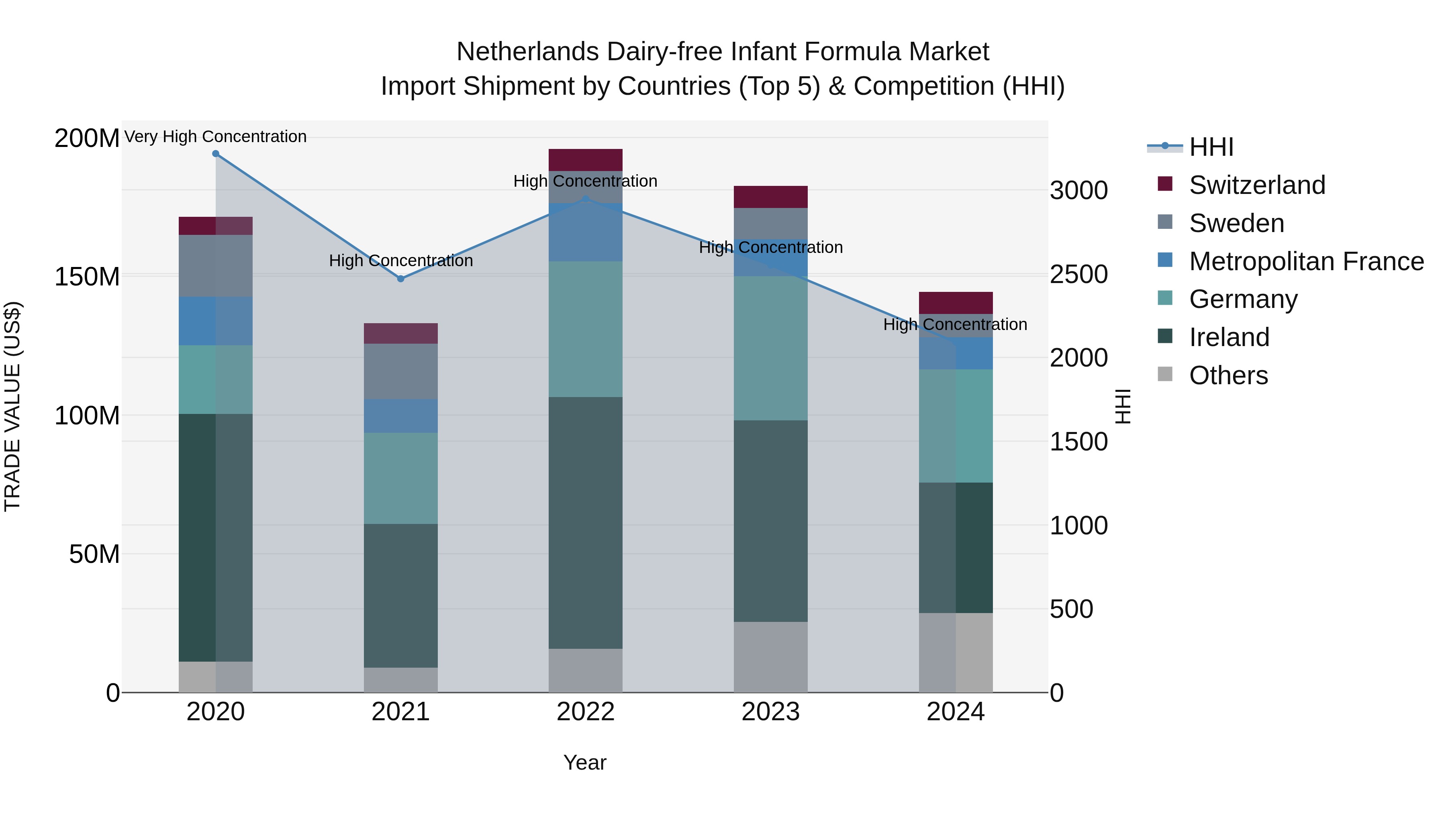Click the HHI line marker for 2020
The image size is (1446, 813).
click(x=216, y=154)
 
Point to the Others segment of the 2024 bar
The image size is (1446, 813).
click(x=956, y=652)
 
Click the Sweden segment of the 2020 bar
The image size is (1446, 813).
click(x=216, y=265)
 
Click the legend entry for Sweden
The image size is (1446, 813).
click(x=1236, y=223)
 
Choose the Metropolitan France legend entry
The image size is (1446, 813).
click(x=1306, y=261)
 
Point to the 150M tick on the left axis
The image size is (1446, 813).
click(x=87, y=277)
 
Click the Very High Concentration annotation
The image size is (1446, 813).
click(x=216, y=137)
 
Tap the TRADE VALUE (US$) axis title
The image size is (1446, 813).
click(x=12, y=406)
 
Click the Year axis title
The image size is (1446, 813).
click(x=584, y=762)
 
